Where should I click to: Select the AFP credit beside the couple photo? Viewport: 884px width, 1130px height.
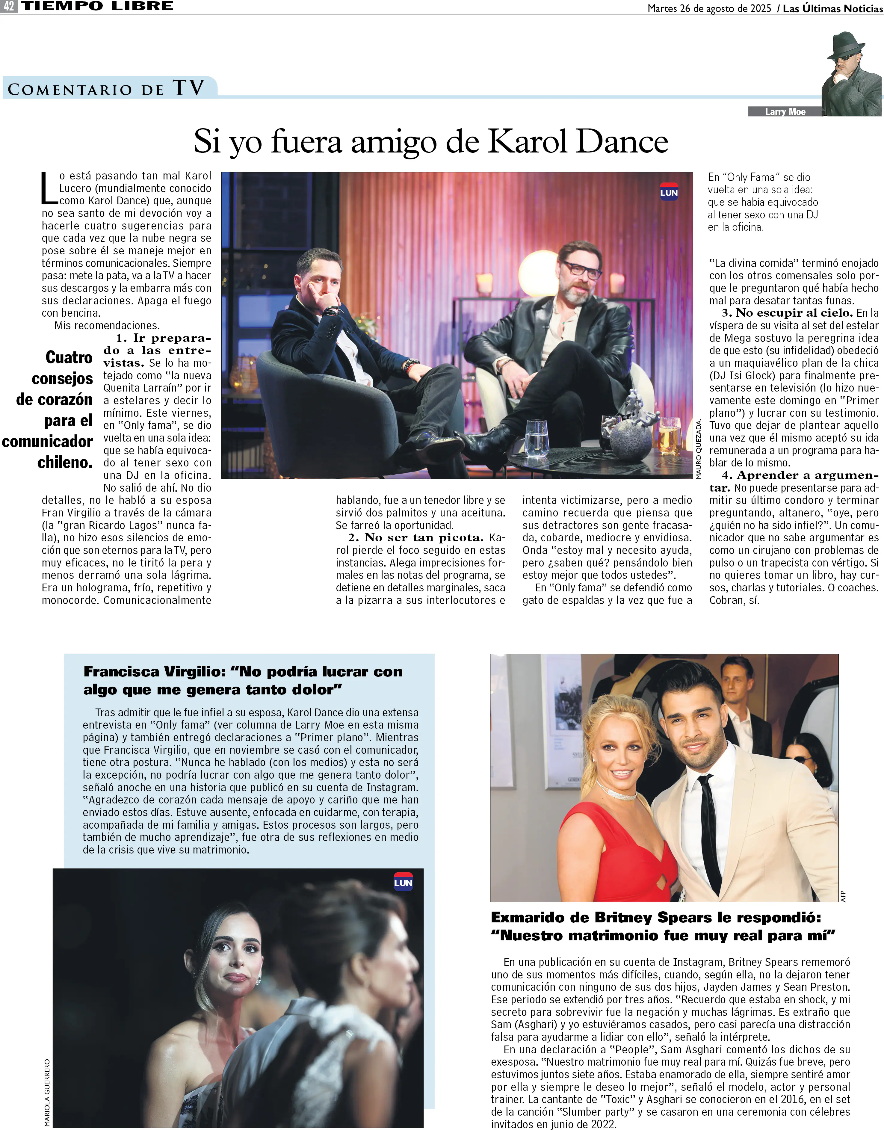(843, 896)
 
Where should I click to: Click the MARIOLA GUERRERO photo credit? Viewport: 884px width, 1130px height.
(47, 1092)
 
